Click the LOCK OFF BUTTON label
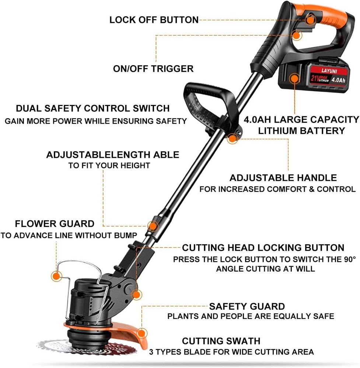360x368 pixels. (154, 20)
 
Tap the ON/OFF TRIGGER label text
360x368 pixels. (153, 69)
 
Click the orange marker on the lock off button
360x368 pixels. (310, 20)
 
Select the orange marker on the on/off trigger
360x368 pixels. (297, 35)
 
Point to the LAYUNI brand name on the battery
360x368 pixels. (329, 71)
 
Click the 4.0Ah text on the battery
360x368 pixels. (338, 80)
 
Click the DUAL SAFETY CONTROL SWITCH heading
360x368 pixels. (93, 109)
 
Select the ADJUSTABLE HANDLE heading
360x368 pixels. (283, 178)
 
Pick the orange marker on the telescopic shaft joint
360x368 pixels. (153, 226)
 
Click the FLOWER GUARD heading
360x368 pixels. (55, 224)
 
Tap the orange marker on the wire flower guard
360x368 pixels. (56, 276)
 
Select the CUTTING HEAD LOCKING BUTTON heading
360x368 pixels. (263, 248)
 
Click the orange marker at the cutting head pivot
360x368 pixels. (137, 295)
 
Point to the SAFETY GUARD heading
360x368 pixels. (247, 307)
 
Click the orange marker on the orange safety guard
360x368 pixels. (141, 333)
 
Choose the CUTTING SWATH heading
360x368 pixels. (221, 341)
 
